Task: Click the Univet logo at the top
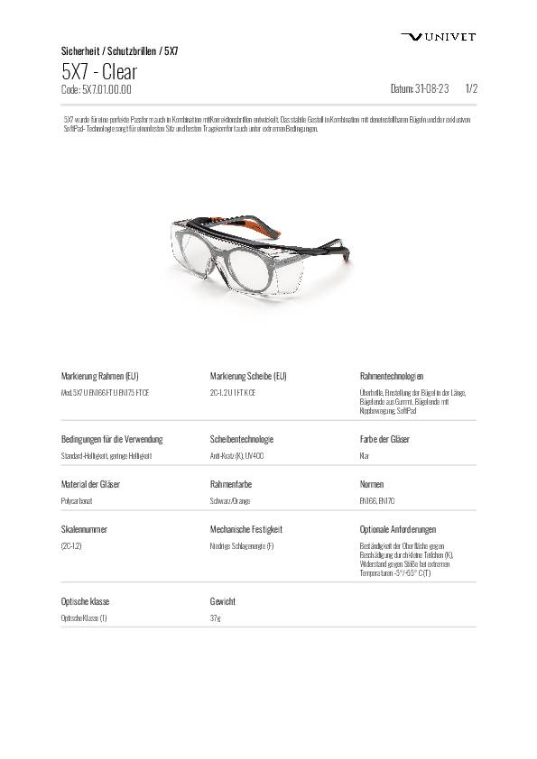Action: click(x=438, y=36)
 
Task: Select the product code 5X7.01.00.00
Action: click(x=97, y=89)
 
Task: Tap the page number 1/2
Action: click(x=470, y=89)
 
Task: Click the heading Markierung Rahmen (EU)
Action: click(x=99, y=376)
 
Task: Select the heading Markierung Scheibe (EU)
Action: click(x=248, y=376)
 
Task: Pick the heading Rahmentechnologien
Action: click(x=392, y=376)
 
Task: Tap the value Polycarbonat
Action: click(x=77, y=500)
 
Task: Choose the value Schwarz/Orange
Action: click(x=230, y=500)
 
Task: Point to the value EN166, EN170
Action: click(x=377, y=500)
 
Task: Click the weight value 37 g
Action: click(x=215, y=618)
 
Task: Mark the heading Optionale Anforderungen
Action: click(x=398, y=529)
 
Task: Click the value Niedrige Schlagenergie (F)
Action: click(x=242, y=546)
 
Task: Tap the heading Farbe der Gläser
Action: click(x=384, y=439)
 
